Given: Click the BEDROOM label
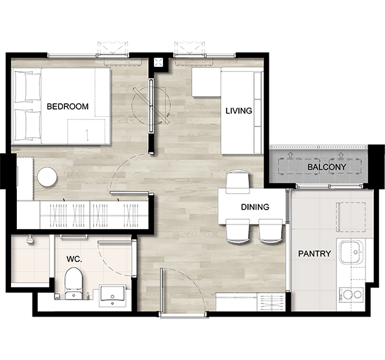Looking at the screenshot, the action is (x=68, y=106).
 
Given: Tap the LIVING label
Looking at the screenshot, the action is (x=239, y=111).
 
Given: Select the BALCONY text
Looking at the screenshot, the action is (x=327, y=167).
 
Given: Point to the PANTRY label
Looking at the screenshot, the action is (x=314, y=254).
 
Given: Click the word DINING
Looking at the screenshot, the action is (x=255, y=207).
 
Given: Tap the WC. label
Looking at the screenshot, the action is (x=74, y=259).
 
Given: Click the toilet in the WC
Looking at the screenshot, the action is (x=73, y=283).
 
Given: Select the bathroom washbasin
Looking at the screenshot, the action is (x=112, y=295).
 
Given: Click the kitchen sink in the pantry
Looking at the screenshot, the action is (x=351, y=252).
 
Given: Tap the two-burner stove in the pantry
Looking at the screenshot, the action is (x=351, y=294).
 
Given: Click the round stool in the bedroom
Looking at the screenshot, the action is (x=47, y=177).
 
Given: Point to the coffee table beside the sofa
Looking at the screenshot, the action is (x=206, y=82).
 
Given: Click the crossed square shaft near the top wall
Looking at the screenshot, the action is (x=158, y=62).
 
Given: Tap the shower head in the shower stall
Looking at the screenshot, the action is (x=30, y=239).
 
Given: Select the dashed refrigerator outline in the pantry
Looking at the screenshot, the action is (x=351, y=217).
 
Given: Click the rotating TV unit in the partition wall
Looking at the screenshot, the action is (x=151, y=106).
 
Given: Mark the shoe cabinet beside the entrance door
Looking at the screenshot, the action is (x=250, y=302).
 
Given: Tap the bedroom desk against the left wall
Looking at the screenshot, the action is (x=25, y=178).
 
